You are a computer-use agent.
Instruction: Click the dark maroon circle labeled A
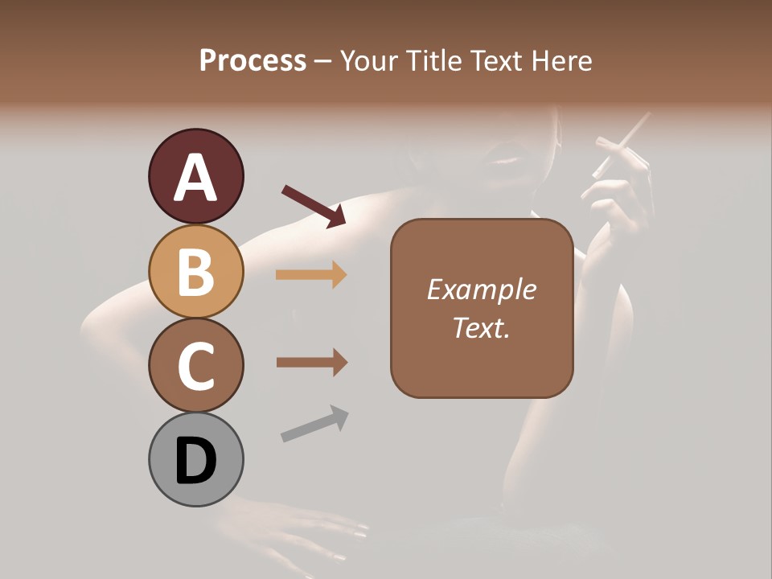pos(195,176)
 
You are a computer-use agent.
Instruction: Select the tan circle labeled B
pos(195,271)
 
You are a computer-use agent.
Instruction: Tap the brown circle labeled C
pos(195,366)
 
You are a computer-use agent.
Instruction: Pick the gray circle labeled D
pos(195,459)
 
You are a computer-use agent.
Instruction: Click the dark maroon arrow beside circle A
pos(314,206)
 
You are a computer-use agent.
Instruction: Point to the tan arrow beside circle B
pos(311,275)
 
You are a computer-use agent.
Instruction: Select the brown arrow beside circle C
pos(311,363)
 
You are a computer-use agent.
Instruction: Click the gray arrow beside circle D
pos(314,423)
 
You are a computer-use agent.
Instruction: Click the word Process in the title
pos(253,60)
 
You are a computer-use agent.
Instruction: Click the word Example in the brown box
pos(481,289)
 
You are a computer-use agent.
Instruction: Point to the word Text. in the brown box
pos(481,327)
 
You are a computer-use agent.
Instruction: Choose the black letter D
pos(195,461)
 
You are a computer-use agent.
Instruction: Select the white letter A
pos(195,178)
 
